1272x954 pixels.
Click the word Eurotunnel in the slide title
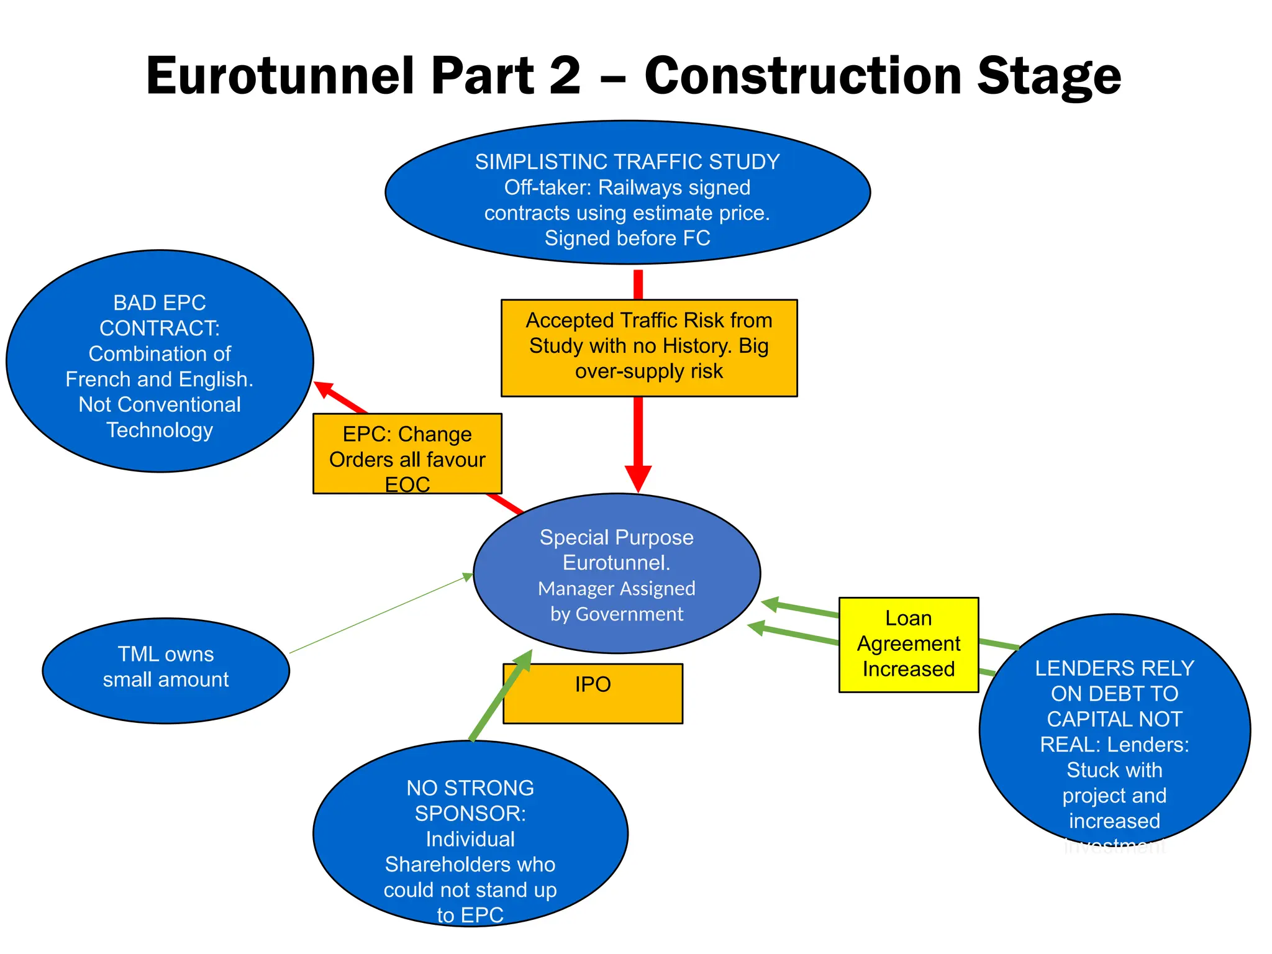pos(279,76)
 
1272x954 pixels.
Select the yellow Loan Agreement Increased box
pos(908,645)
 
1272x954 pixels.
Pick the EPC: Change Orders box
pos(407,453)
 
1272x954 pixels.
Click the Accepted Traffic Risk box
pos(649,348)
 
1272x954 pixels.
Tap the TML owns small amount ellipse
pos(166,671)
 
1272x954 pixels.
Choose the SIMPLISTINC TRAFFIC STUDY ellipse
pos(627,193)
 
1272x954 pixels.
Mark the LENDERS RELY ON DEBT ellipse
pos(1114,730)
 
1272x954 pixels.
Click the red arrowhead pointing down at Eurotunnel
pos(638,478)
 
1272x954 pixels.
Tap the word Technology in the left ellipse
pos(160,430)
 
